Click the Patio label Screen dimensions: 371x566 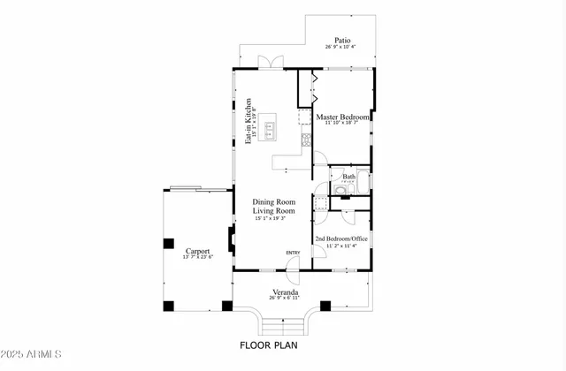(340, 40)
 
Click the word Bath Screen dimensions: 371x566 (349, 177)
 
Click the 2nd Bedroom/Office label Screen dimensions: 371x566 (341, 238)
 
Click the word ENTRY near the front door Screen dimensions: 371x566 (293, 254)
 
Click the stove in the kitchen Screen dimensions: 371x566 (307, 138)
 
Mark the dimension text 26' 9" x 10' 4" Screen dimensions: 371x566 (340, 47)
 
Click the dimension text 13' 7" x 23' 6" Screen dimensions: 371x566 (196, 257)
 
